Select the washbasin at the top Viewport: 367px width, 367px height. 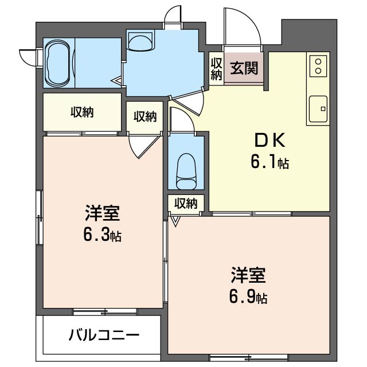coord(140,41)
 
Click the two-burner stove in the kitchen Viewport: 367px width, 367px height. coord(317,65)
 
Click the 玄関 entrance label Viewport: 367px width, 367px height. coord(244,68)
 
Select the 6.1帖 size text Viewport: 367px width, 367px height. coord(268,163)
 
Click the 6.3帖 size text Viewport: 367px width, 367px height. coord(102,235)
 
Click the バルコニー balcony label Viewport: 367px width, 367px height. coord(104,335)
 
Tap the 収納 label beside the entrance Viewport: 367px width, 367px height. coord(216,68)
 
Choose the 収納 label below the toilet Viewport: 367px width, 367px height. coord(186,203)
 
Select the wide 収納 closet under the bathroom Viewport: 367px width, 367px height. coord(83,112)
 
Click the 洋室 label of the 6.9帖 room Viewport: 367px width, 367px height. coord(248,276)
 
